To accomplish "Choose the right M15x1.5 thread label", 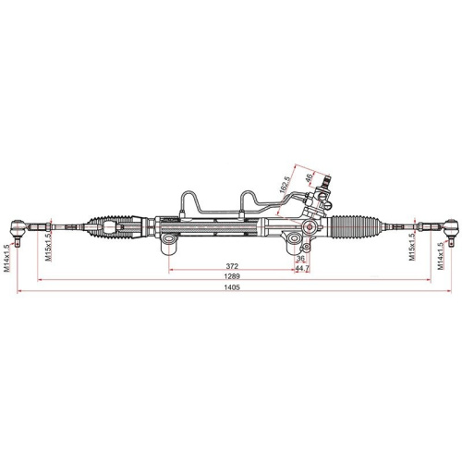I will click(413, 245).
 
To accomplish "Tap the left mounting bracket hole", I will click(169, 246).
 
